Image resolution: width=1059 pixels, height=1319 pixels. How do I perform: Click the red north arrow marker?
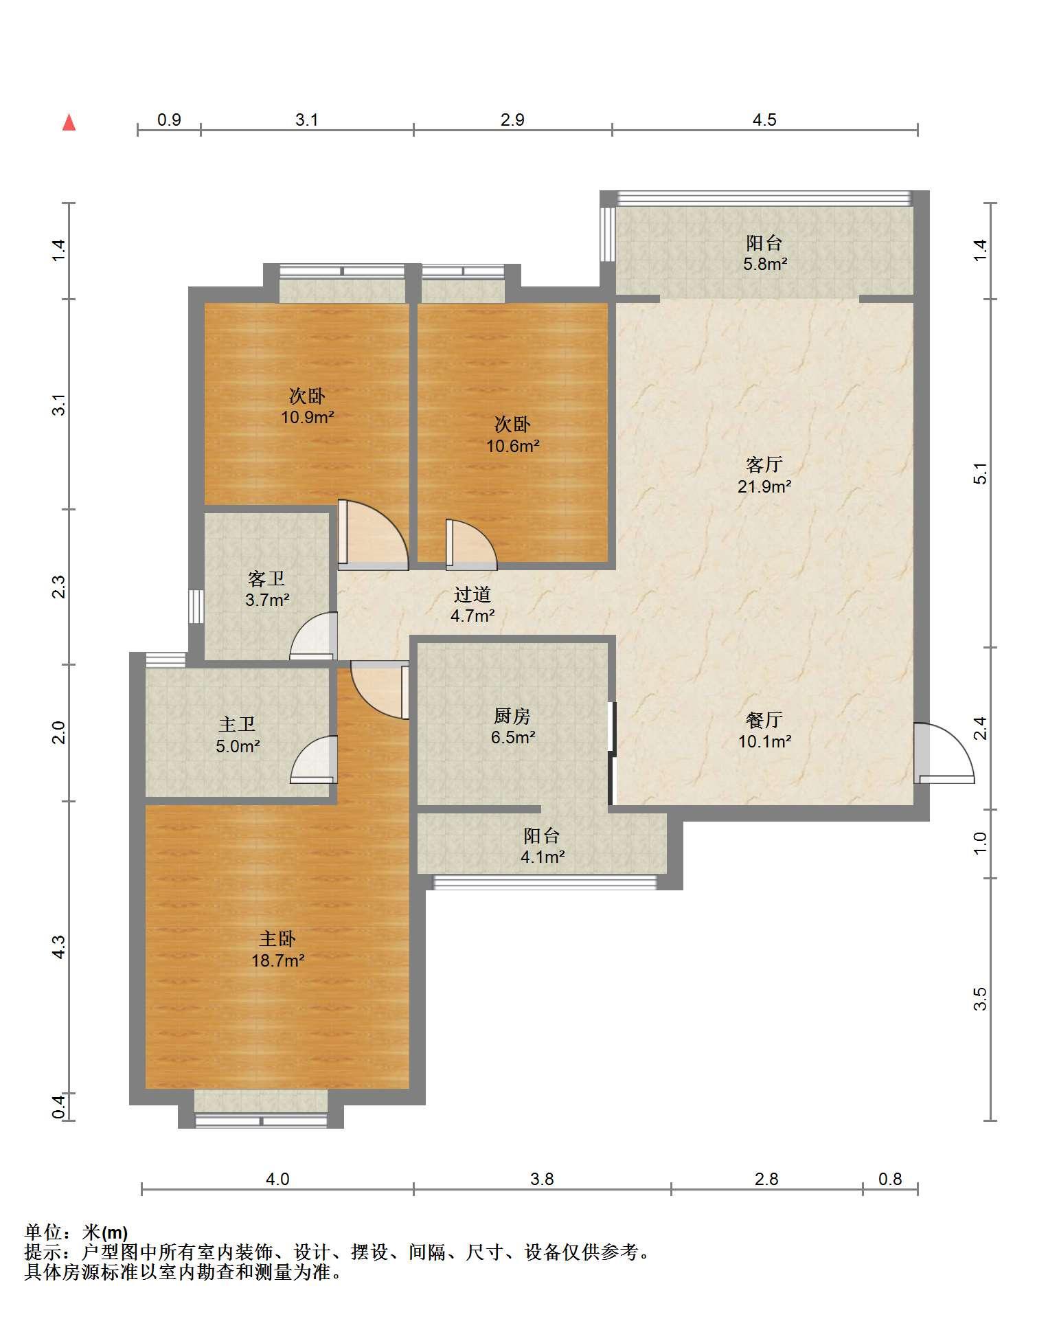click(x=69, y=123)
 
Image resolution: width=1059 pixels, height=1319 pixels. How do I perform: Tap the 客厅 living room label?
click(x=764, y=465)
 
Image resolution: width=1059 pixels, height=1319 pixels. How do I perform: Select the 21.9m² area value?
click(x=764, y=487)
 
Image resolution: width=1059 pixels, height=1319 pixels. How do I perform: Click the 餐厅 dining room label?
click(x=764, y=720)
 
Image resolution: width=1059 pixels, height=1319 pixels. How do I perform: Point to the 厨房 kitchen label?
click(x=512, y=717)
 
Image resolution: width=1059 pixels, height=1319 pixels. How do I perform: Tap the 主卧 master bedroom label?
click(x=277, y=938)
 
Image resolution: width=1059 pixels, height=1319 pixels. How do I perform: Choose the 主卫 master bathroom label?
click(x=237, y=724)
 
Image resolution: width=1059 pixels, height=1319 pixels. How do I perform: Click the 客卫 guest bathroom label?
click(x=266, y=578)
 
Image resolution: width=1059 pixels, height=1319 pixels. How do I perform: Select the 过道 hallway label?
click(x=472, y=594)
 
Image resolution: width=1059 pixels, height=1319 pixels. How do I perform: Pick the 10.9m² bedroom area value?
click(x=307, y=417)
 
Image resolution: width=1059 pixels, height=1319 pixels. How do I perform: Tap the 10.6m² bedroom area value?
click(x=513, y=447)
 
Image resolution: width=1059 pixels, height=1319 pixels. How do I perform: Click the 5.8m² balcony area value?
click(x=765, y=264)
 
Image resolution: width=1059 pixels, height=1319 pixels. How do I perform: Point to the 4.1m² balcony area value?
click(x=543, y=857)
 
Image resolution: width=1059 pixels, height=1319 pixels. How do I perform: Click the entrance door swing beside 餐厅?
click(x=944, y=753)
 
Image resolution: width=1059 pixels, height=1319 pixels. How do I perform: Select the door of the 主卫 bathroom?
click(x=314, y=759)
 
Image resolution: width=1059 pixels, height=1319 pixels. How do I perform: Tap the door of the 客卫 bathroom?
click(x=314, y=635)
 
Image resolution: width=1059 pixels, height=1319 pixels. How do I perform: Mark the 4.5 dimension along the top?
click(x=764, y=120)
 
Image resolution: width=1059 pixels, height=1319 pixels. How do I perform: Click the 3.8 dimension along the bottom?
click(x=542, y=1180)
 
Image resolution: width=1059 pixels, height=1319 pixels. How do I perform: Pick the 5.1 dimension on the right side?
click(x=981, y=474)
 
